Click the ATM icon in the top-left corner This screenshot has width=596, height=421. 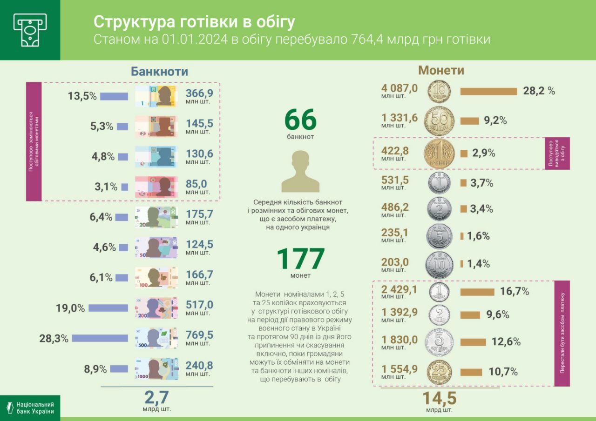[30, 30]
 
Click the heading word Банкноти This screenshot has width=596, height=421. [159, 71]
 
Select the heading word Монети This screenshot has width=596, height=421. [441, 70]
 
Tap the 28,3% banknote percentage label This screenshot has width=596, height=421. [54, 338]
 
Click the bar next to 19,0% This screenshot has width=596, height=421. [108, 308]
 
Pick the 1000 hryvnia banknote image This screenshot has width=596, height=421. [156, 368]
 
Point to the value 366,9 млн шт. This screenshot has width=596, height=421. [199, 96]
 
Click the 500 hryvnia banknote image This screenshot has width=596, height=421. [156, 338]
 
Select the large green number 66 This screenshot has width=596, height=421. [300, 120]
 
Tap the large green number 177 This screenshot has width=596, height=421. [300, 259]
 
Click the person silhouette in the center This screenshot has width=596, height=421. [300, 172]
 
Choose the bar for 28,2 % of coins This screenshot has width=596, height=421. [488, 91]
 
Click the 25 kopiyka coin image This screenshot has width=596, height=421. [439, 372]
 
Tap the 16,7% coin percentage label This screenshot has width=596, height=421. [515, 292]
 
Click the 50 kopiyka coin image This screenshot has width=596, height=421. [439, 121]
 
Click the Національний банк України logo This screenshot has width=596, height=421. [30, 408]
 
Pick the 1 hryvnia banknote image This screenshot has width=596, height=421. [156, 96]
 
